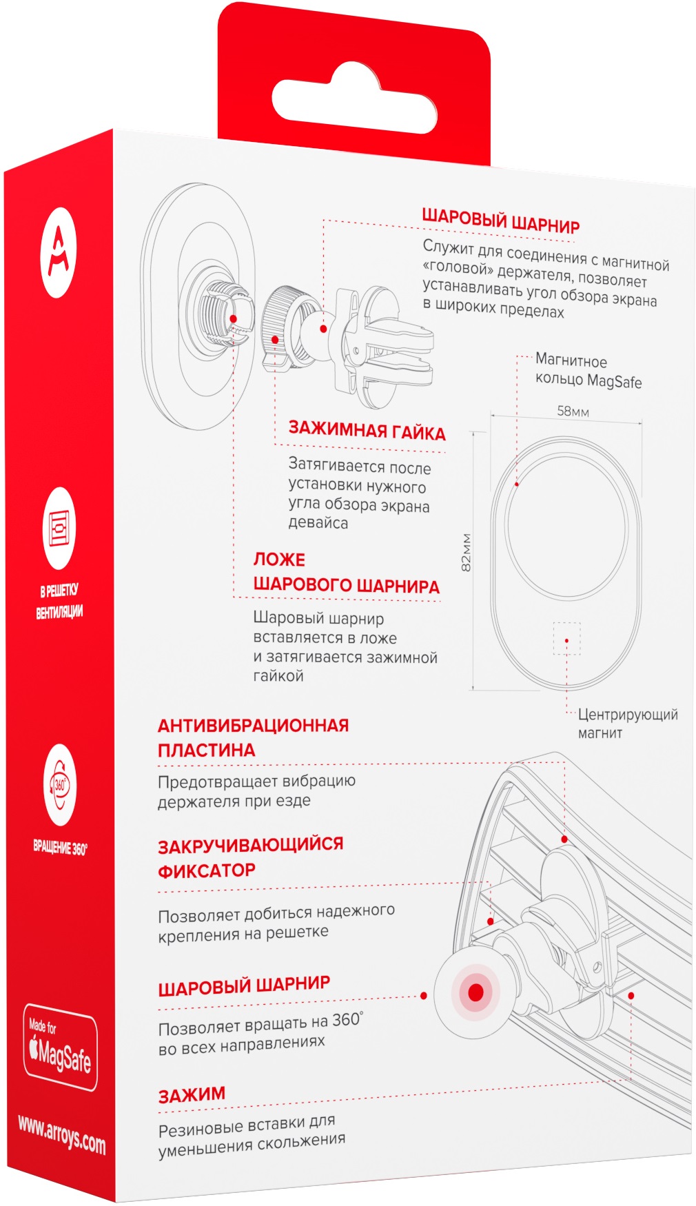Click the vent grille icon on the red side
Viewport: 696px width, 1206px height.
(61, 528)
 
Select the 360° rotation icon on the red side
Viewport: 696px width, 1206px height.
(61, 786)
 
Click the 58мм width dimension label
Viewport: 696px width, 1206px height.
(573, 411)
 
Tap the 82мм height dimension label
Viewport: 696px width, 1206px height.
(466, 552)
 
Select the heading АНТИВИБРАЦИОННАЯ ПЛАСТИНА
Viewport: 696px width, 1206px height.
(253, 737)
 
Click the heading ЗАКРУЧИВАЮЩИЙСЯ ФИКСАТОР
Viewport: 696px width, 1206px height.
(250, 857)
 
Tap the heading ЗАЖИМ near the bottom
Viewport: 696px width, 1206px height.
(192, 1095)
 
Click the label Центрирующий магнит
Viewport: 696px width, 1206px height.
(627, 723)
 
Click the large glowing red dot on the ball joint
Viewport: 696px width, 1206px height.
(475, 992)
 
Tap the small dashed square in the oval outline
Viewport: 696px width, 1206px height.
(566, 639)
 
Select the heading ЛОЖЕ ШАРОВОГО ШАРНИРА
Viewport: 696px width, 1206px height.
(346, 573)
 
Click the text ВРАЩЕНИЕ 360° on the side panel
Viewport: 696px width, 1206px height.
(61, 847)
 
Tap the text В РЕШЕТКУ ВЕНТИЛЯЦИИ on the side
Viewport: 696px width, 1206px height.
(60, 600)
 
